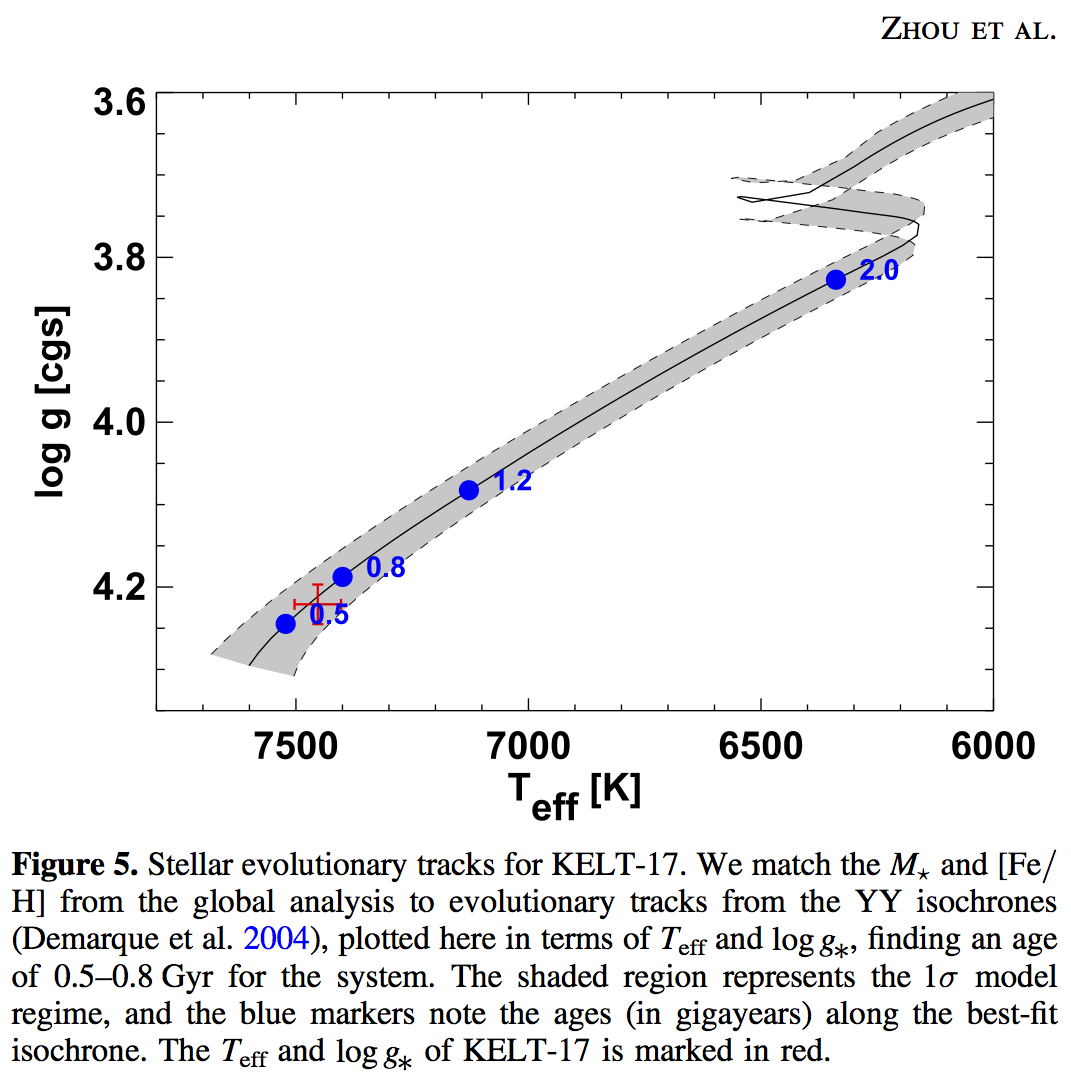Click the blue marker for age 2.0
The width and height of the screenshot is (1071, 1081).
836,279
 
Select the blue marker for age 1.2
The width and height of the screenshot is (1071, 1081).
469,490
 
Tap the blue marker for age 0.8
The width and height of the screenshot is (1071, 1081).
342,577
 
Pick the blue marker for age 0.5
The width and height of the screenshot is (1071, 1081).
286,624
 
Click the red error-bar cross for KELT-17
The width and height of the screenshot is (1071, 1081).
318,604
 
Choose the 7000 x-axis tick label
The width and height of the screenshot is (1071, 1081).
528,746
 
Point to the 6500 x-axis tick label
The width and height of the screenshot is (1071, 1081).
761,746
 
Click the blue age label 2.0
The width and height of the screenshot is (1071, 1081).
879,270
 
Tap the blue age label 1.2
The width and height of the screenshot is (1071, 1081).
512,482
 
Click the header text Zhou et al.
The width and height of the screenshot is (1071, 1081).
968,29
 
